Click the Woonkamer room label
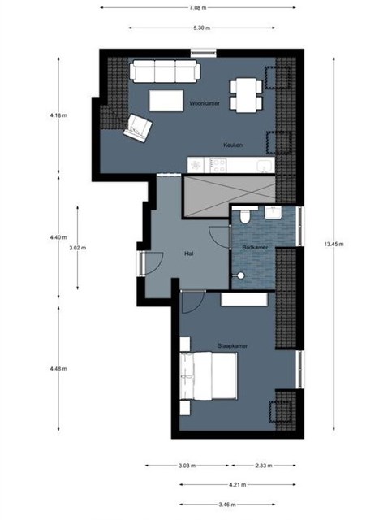(x=205, y=103)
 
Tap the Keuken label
(x=233, y=145)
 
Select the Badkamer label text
(x=255, y=247)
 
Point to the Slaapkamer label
(x=233, y=346)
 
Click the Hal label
(x=188, y=253)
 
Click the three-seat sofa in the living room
(x=165, y=71)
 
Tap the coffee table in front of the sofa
(x=166, y=101)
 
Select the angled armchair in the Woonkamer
(x=137, y=128)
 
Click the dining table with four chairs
(x=246, y=95)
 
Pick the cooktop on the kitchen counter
(x=218, y=165)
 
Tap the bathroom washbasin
(x=273, y=213)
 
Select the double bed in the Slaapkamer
(x=209, y=375)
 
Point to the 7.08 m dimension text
(x=198, y=7)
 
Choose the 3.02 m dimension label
(x=78, y=248)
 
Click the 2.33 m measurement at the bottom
(x=264, y=466)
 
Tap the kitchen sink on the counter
(x=266, y=166)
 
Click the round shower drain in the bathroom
(x=241, y=275)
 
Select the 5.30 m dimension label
(x=202, y=28)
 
